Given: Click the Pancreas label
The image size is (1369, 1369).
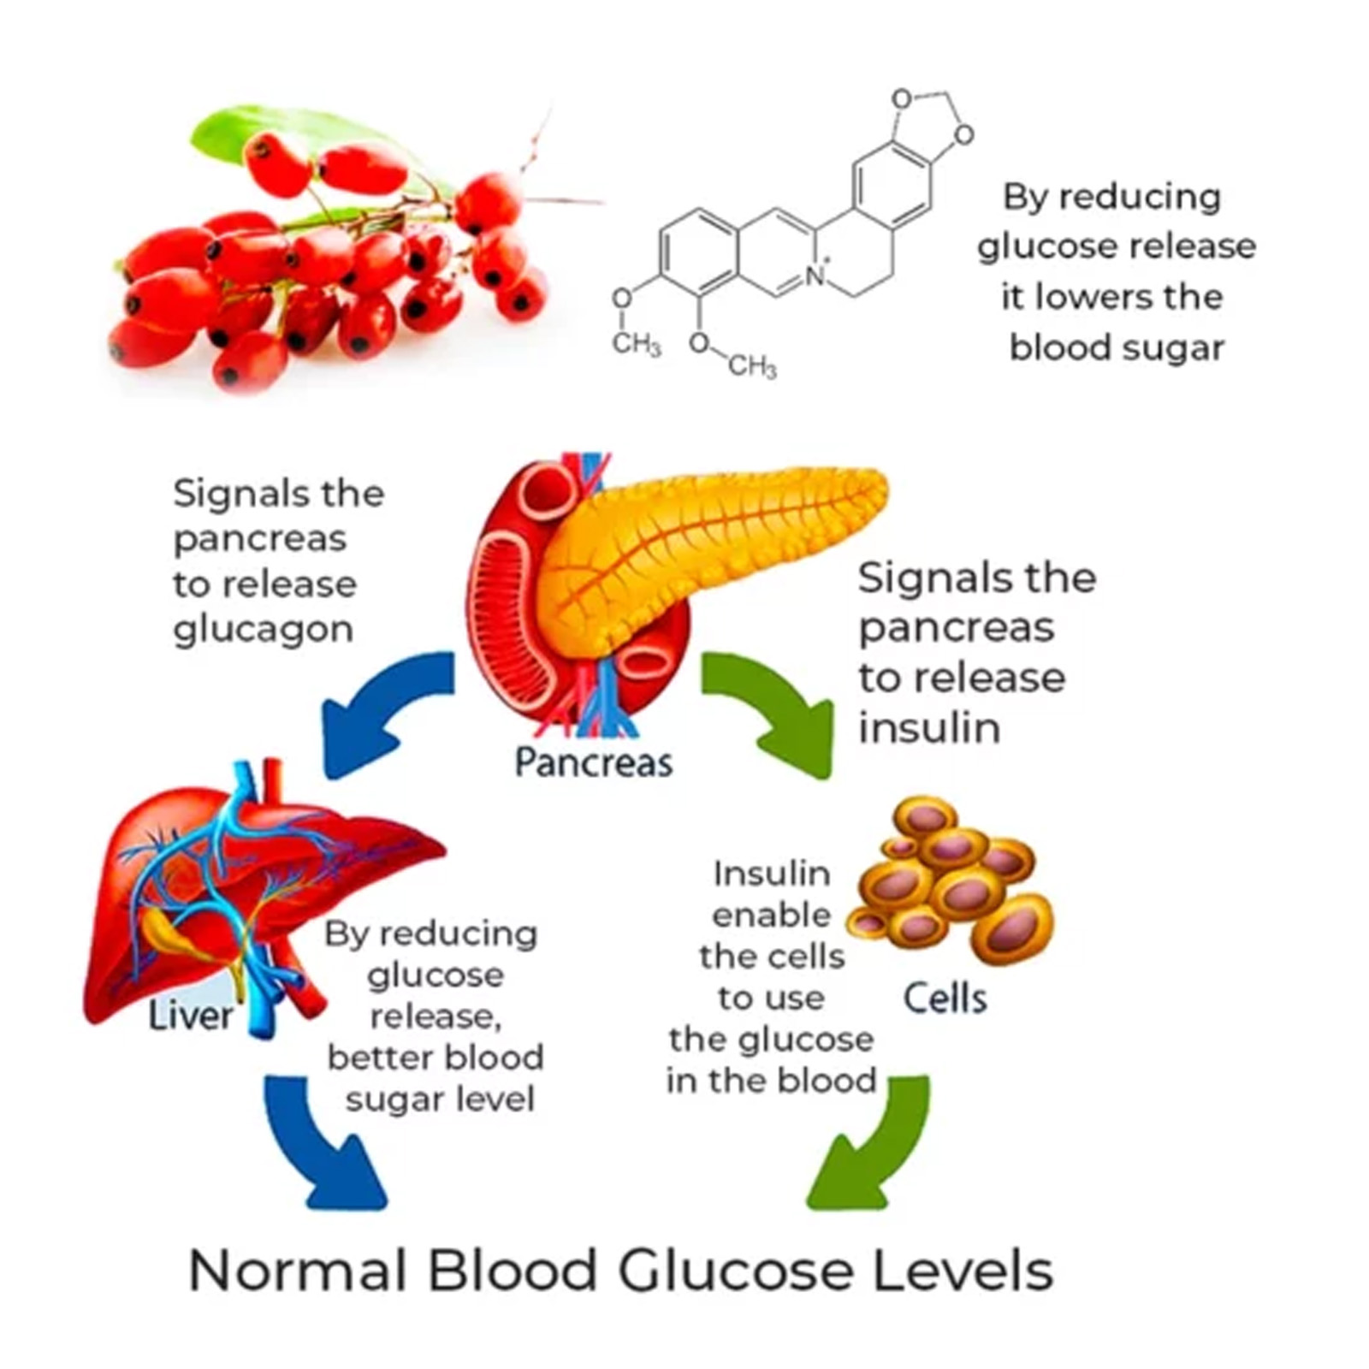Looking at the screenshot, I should point(593,762).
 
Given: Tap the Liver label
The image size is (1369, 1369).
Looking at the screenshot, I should point(190,1016).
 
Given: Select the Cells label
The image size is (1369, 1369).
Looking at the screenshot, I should point(945,998).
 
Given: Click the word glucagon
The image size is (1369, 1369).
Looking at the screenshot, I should point(263,630).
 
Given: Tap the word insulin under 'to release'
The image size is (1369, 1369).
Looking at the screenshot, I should point(929,728).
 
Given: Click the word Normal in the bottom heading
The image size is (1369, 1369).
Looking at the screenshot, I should point(296,1271).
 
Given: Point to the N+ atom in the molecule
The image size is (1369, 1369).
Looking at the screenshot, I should point(815,275).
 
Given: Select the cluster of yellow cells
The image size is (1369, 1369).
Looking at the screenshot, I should point(950,890).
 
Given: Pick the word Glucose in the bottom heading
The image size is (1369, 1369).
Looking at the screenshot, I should point(735,1271).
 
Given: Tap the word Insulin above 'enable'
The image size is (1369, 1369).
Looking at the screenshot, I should point(771,874).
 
